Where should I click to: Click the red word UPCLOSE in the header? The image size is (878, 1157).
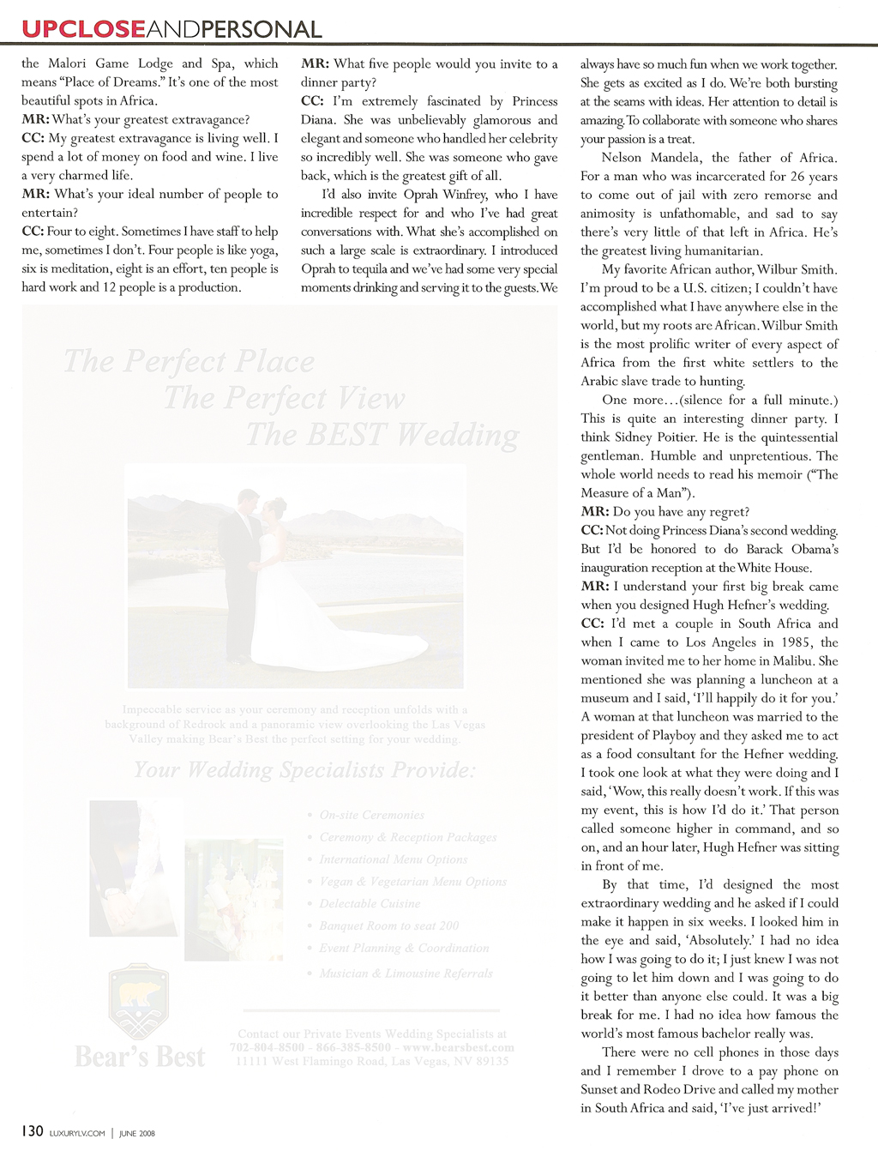pos(83,29)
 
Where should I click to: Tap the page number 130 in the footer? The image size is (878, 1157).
pos(33,1131)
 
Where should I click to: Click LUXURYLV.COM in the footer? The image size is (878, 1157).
pos(77,1133)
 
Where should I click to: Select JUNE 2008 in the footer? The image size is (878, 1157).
pos(136,1133)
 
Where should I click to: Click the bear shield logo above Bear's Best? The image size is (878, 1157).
pos(139,1000)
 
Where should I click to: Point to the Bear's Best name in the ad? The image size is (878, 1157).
pos(140,1057)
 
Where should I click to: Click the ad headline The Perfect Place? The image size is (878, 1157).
pos(189,361)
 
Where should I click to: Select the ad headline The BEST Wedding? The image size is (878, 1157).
pos(382,435)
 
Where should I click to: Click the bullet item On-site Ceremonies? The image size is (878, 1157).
pos(371,815)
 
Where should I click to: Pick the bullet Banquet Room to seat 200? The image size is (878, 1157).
pos(388,925)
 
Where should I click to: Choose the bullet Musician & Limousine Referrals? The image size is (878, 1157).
pos(406,973)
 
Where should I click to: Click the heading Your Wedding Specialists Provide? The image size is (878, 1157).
pos(304,769)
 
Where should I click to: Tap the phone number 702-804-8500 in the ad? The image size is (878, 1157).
pos(267,1047)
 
